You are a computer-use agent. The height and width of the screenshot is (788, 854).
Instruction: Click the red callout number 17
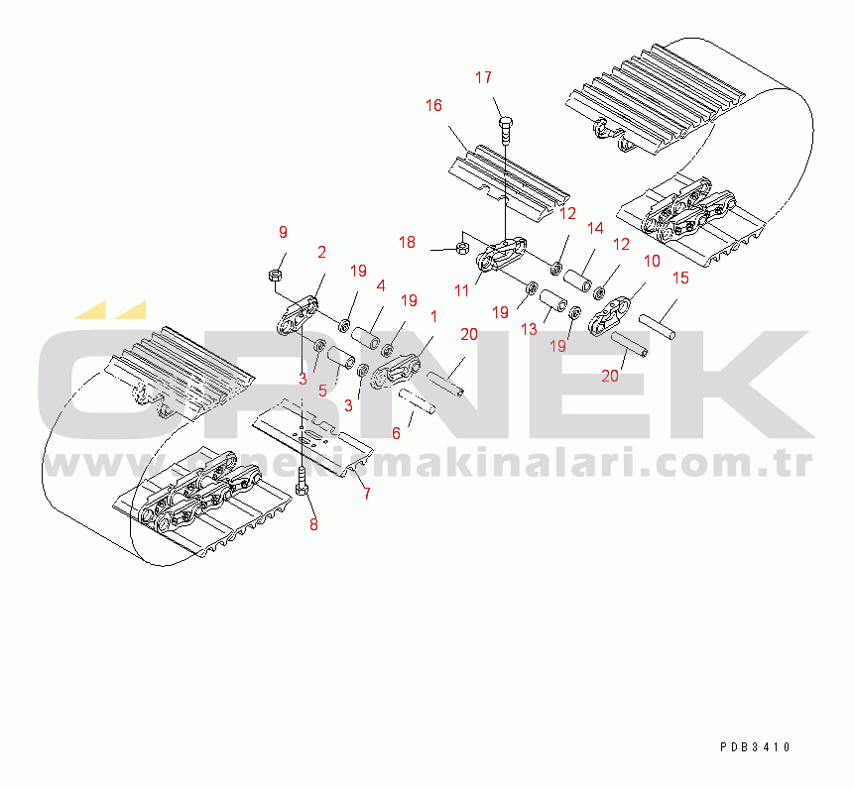[x=483, y=78]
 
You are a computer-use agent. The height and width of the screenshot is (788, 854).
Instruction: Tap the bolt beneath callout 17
[x=505, y=130]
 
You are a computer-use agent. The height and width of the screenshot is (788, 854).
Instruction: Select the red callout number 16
[x=433, y=106]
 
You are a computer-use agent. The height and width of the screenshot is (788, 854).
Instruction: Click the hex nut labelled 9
[x=275, y=275]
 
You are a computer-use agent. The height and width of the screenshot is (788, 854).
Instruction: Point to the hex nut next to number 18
[x=462, y=249]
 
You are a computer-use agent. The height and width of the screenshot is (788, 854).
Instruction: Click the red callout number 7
[x=367, y=494]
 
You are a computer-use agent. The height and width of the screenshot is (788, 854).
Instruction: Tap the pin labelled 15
[x=658, y=326]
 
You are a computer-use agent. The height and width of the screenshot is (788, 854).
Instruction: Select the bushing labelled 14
[x=577, y=280]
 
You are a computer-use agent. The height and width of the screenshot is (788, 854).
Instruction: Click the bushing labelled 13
[x=553, y=301]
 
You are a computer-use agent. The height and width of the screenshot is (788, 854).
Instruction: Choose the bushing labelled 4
[x=365, y=338]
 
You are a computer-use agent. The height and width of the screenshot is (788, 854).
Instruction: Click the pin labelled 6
[x=418, y=401]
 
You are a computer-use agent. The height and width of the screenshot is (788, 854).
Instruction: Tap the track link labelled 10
[x=610, y=315]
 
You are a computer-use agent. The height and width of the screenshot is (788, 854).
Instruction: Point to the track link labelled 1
[x=395, y=371]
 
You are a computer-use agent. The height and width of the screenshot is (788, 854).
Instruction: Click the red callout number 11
[x=462, y=291]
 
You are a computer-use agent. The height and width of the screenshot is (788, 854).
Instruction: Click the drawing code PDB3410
[x=755, y=747]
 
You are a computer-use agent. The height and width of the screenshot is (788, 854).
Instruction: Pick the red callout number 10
[x=652, y=262]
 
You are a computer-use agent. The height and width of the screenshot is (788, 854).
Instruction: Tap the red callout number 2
[x=322, y=253]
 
